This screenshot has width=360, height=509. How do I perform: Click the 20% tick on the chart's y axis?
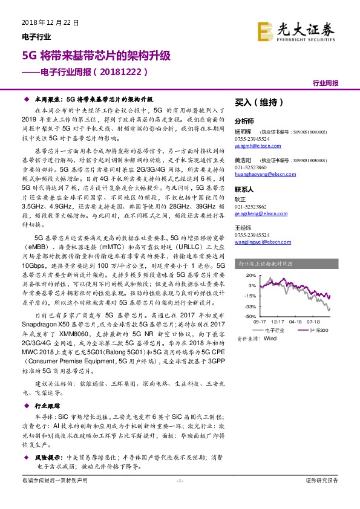point(249,276)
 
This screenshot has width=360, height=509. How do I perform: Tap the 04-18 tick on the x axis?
point(296,323)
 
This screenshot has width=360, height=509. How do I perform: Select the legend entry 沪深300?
point(318,330)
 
